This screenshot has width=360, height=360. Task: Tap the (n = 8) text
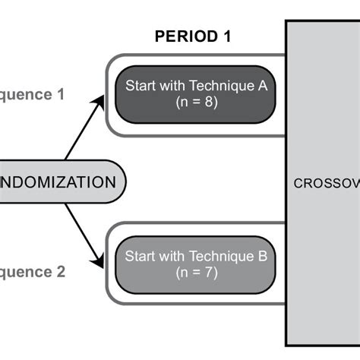point(196,103)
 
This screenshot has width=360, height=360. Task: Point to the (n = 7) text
point(196,271)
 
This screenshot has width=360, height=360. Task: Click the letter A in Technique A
point(263,87)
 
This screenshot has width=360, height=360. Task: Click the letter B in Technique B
point(263,255)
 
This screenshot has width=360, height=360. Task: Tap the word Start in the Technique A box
point(140,87)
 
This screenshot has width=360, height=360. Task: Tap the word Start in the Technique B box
point(140,255)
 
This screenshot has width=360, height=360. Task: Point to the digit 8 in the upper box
point(208,103)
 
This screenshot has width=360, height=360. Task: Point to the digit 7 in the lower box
point(208,271)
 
